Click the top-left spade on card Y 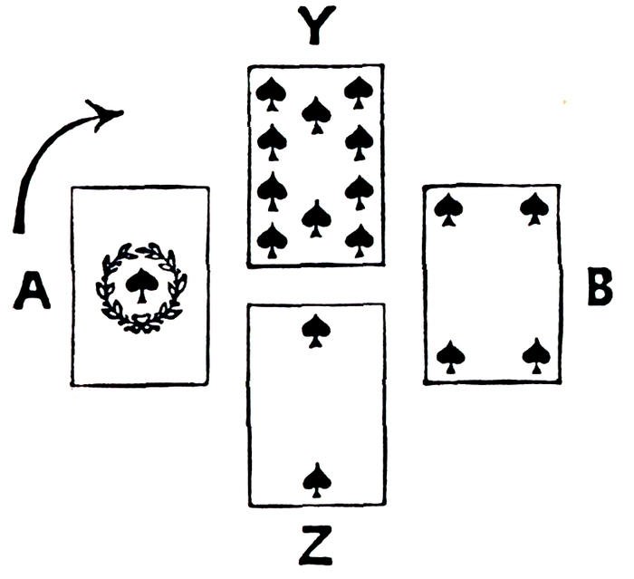pos(270,90)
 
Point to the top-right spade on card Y pos(360,90)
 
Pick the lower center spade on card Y pos(315,217)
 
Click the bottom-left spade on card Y pos(272,239)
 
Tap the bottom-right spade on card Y pos(360,239)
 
